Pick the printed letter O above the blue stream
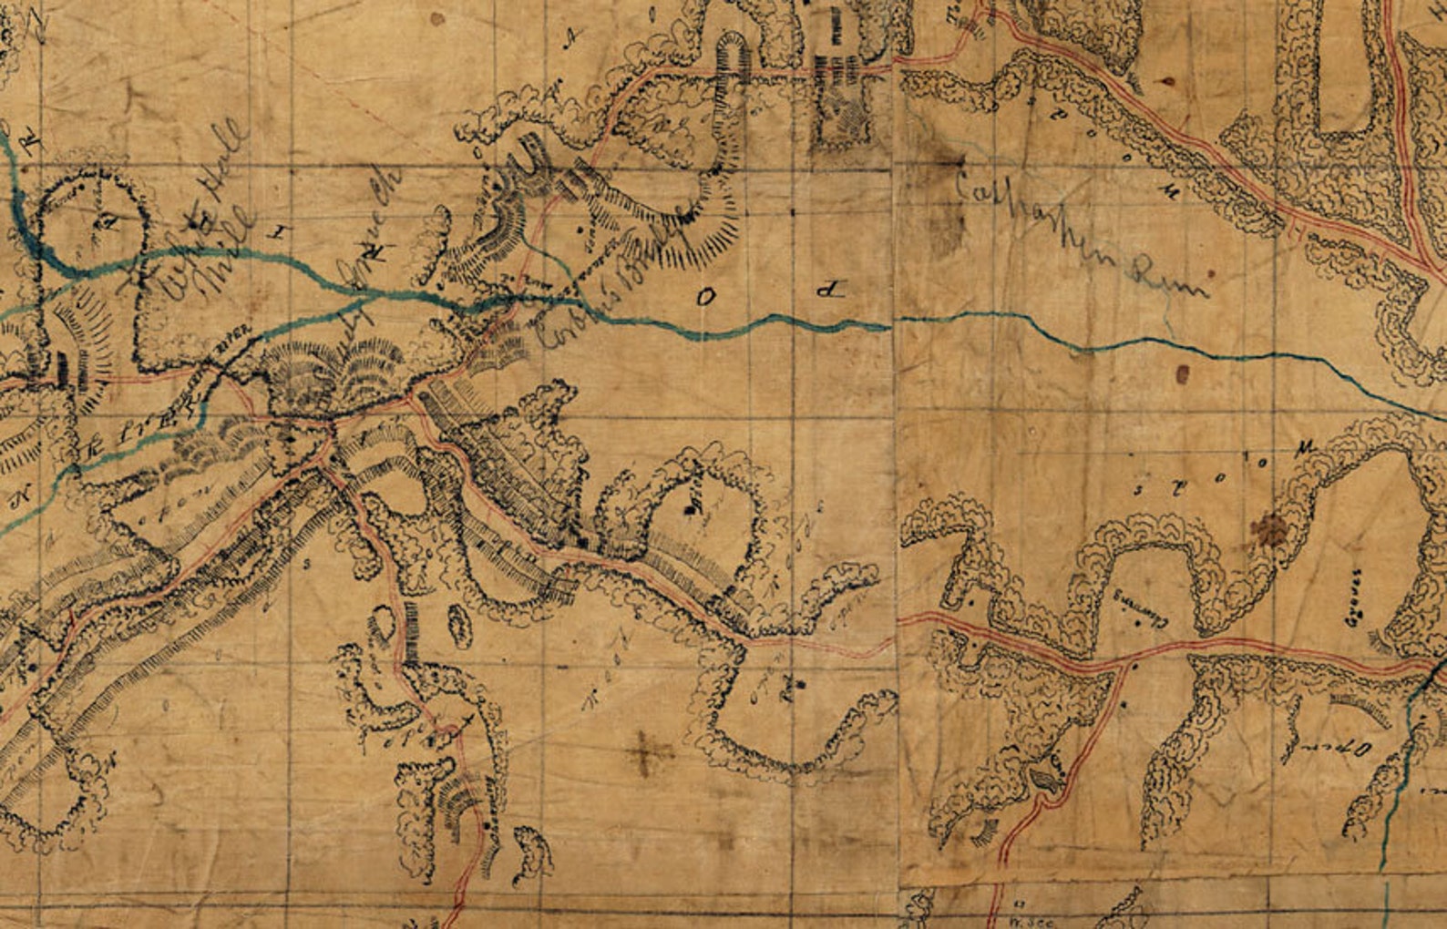click(705, 296)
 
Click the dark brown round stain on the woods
click(1267, 527)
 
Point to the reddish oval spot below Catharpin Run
click(1183, 373)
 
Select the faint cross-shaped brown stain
click(650, 752)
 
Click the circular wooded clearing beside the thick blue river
click(97, 214)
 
